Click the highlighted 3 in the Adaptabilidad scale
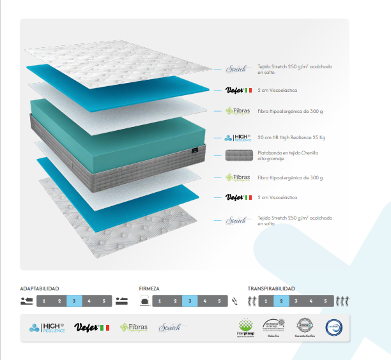[74, 301]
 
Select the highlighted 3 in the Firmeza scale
[190, 301]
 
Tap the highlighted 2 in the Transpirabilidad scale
[282, 301]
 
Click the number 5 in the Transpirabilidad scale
[325, 301]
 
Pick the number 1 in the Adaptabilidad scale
[44, 301]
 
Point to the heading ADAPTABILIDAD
[44, 289]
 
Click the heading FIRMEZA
[149, 289]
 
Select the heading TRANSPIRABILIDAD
[272, 289]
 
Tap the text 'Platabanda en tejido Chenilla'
[288, 153]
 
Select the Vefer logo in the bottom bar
[91, 327]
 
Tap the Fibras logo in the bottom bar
[134, 327]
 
